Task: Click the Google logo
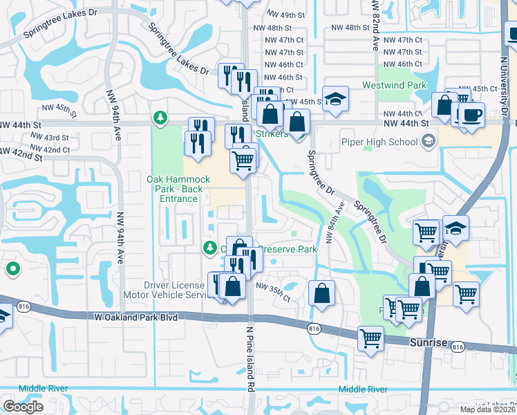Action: (23, 407)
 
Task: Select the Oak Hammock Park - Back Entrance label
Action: (176, 189)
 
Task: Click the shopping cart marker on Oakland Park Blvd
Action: (371, 338)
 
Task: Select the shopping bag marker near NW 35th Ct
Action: (322, 293)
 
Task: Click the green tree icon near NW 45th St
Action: (160, 118)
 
